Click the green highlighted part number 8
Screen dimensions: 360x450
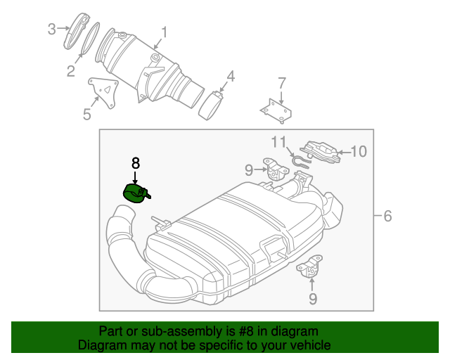click(x=135, y=192)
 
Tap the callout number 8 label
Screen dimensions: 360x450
click(x=135, y=162)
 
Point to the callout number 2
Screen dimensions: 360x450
click(x=70, y=70)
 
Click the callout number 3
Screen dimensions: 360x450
click(x=51, y=29)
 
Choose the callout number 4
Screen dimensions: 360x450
click(x=231, y=76)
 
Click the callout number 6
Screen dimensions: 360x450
click(x=387, y=216)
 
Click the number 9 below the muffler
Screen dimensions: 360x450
click(x=312, y=299)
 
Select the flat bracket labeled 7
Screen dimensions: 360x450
click(x=276, y=111)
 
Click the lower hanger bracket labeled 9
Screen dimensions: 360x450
click(x=309, y=271)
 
